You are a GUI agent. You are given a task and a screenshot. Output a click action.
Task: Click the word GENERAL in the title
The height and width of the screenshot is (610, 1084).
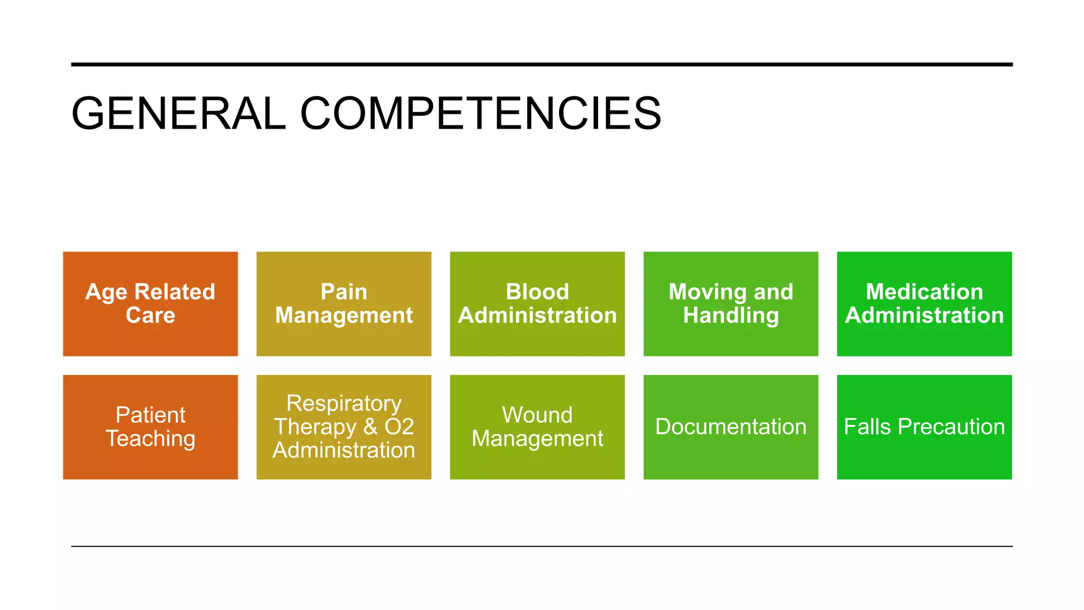pos(178,113)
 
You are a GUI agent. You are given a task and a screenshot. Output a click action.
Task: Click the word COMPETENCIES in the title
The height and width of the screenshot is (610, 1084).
pos(481,113)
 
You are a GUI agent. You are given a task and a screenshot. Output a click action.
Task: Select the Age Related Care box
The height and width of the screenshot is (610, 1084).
pos(150,303)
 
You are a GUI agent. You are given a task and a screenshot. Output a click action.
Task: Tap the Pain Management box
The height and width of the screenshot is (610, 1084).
pos(344,303)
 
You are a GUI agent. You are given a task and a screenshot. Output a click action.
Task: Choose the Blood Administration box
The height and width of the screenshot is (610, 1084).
pos(537,303)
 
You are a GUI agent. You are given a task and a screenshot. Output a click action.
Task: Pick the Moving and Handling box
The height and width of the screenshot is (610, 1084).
pos(730,303)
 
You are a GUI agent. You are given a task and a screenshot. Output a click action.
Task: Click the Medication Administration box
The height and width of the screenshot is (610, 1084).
pos(924,303)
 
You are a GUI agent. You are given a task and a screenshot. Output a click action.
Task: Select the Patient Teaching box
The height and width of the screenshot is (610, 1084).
pos(150,427)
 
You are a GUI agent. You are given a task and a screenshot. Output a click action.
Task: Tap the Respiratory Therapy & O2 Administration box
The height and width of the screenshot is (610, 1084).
pos(344,427)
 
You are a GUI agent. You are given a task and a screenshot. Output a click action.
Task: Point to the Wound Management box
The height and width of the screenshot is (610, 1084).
pos(537,427)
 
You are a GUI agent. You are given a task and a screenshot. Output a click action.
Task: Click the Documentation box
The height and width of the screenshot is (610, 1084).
pos(730,427)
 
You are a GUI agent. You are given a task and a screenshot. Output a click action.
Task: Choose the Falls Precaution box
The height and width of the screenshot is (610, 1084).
pos(924,427)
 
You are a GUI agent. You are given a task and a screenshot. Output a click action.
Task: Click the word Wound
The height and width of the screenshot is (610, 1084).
pos(537,415)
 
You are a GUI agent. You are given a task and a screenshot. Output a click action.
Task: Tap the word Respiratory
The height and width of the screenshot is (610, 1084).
pos(344,403)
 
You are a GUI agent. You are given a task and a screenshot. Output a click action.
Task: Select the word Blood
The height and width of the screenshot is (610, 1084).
pos(537,292)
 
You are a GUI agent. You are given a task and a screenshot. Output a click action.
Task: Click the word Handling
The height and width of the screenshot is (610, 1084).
pos(730,316)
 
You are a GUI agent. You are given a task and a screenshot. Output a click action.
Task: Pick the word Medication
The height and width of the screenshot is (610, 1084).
pos(924,292)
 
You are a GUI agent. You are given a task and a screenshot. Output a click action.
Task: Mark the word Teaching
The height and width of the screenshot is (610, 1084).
pos(150,439)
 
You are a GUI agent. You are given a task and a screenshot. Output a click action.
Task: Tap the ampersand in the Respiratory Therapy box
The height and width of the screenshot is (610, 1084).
pos(370,427)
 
